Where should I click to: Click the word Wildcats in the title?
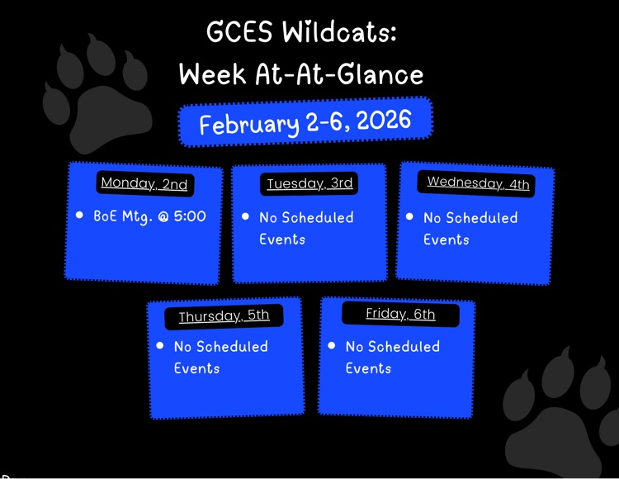[339, 33]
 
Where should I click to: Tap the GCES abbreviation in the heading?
[239, 33]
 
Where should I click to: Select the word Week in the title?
[212, 74]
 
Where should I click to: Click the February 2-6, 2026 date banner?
[305, 123]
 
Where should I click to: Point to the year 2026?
[385, 121]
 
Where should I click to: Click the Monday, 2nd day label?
[144, 183]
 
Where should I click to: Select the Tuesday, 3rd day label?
[309, 183]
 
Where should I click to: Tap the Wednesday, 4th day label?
[478, 183]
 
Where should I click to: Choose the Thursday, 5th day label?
[224, 316]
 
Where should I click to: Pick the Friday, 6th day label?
[400, 314]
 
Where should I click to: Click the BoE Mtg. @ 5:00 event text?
[149, 216]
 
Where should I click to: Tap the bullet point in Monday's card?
[79, 215]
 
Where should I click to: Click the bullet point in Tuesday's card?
[245, 216]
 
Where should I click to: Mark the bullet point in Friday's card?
[332, 346]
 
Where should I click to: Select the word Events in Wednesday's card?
[446, 239]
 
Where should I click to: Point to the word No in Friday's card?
[355, 347]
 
